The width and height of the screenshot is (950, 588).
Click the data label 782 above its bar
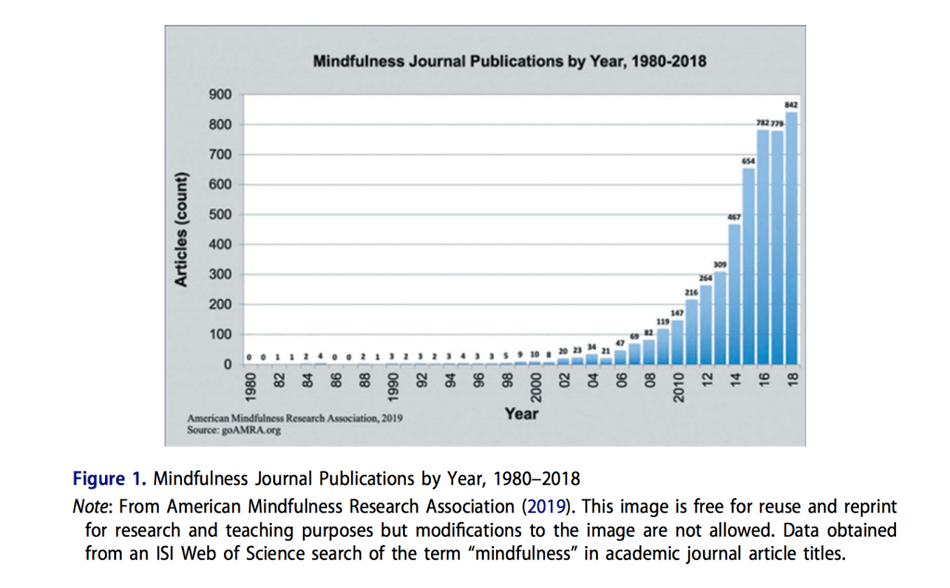[761, 123]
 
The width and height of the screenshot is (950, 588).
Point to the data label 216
[692, 292]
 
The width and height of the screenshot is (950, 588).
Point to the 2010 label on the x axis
[678, 385]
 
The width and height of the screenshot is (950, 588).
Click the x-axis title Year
[521, 413]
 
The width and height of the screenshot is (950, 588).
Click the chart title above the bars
[509, 62]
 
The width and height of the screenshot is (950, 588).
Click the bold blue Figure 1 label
[110, 479]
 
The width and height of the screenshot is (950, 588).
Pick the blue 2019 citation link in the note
[538, 506]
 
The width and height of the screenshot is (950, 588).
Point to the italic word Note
[90, 506]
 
